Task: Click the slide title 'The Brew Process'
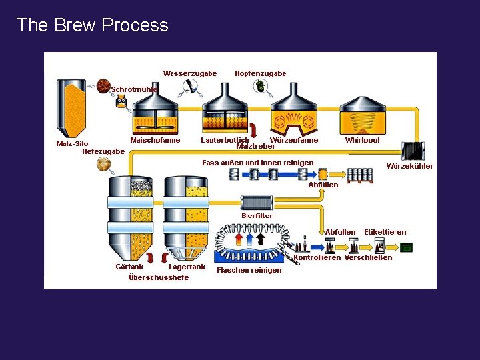click(x=92, y=25)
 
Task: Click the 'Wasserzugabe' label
click(x=190, y=73)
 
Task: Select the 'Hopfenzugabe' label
click(x=260, y=73)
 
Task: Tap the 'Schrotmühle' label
click(x=134, y=89)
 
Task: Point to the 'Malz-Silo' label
click(x=72, y=143)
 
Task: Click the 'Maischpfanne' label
click(x=155, y=140)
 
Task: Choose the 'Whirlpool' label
click(x=362, y=140)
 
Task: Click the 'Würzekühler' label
click(x=409, y=166)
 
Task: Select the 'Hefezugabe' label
click(x=103, y=151)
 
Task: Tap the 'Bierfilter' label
click(x=258, y=215)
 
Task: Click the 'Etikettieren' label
click(x=385, y=232)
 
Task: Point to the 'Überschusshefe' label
click(x=159, y=277)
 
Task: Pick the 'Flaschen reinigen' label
click(x=249, y=270)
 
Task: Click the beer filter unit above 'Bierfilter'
click(x=257, y=203)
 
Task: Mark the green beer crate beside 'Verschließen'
click(x=406, y=247)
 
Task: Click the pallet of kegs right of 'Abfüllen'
click(x=360, y=175)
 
